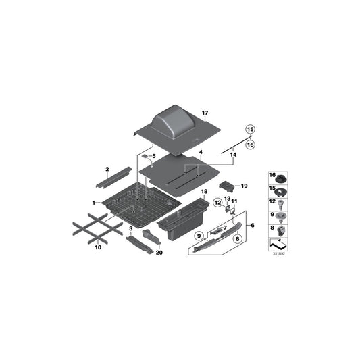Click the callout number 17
click(205, 113)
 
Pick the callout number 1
click(94, 203)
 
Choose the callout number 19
click(245, 186)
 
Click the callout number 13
click(227, 200)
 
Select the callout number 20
click(159, 253)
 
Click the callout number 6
click(253, 225)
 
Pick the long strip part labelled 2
click(113, 178)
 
